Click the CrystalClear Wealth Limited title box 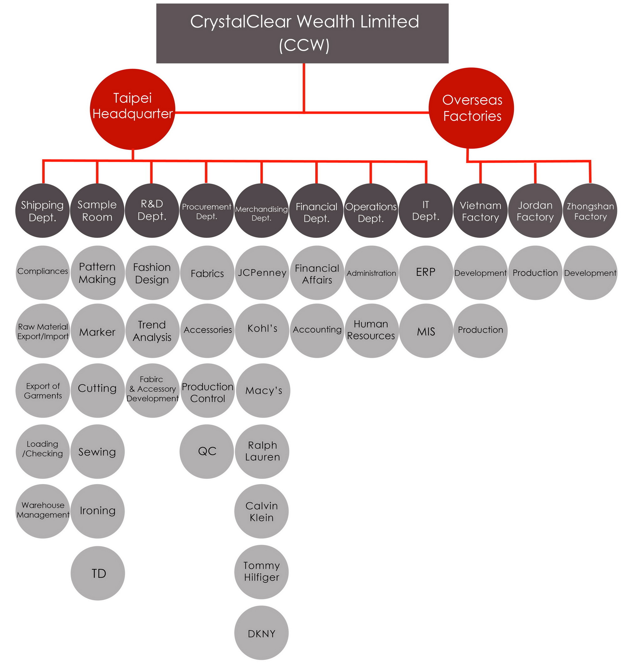pyautogui.click(x=302, y=33)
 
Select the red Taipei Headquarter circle pyautogui.click(x=132, y=109)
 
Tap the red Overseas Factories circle pyautogui.click(x=471, y=108)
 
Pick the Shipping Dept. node pyautogui.click(x=42, y=211)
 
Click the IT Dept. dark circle pyautogui.click(x=426, y=211)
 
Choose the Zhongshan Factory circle pyautogui.click(x=590, y=211)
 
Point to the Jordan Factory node pyautogui.click(x=535, y=211)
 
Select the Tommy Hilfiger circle pyautogui.click(x=261, y=572)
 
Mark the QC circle pyautogui.click(x=207, y=452)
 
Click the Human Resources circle pyautogui.click(x=372, y=331)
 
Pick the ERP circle pyautogui.click(x=426, y=273)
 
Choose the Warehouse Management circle pyautogui.click(x=43, y=511)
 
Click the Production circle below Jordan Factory pyautogui.click(x=535, y=273)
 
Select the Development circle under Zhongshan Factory pyautogui.click(x=590, y=273)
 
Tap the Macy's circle pyautogui.click(x=263, y=390)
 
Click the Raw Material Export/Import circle pyautogui.click(x=43, y=331)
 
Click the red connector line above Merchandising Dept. pyautogui.click(x=261, y=172)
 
